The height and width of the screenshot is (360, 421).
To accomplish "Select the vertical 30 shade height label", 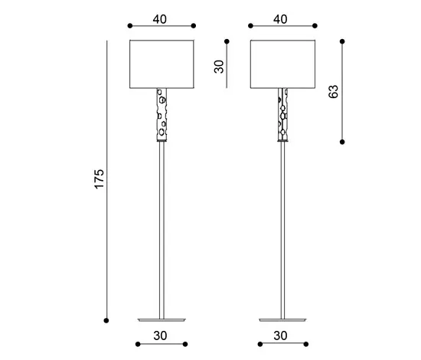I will point(219,66).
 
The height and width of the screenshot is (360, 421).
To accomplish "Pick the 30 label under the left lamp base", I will point(161,335).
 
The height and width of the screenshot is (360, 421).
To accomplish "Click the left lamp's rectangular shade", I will point(161,62).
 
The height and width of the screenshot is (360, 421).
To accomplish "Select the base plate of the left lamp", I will point(161,316).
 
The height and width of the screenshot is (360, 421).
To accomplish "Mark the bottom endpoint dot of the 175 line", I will point(107,319).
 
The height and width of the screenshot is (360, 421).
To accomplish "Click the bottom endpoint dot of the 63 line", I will point(342,142).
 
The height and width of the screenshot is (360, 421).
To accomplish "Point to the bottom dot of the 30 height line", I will point(227,86).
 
